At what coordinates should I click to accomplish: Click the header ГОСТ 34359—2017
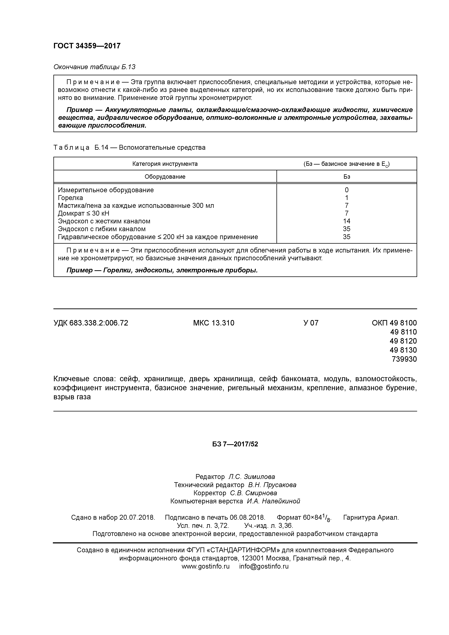(x=87, y=46)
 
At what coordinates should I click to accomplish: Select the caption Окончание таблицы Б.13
(x=94, y=67)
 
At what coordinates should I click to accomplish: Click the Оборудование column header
(x=165, y=176)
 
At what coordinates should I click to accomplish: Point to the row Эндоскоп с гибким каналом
(x=102, y=229)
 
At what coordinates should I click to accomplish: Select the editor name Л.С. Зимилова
(x=251, y=477)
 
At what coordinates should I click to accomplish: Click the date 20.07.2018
(x=137, y=518)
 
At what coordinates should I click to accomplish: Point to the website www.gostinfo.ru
(x=205, y=566)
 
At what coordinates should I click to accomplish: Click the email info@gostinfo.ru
(x=264, y=566)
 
